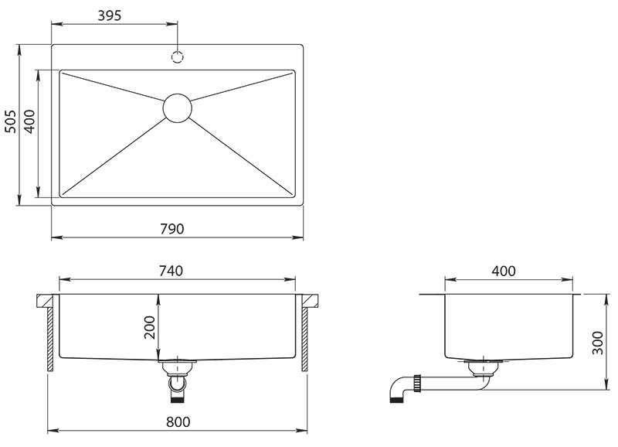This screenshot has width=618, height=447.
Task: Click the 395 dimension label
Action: tap(109, 15)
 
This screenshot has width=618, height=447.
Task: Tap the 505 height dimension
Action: tap(11, 121)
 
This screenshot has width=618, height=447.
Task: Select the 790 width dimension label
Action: tap(172, 229)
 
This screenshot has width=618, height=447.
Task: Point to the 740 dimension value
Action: tap(171, 271)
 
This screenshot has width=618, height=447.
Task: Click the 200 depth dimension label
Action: tap(150, 327)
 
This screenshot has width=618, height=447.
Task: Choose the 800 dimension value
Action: tap(178, 421)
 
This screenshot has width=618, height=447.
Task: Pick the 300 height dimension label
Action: tap(597, 343)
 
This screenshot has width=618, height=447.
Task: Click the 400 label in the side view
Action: tap(504, 271)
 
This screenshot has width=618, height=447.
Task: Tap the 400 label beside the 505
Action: tap(29, 121)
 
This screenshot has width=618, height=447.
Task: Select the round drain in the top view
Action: tap(178, 107)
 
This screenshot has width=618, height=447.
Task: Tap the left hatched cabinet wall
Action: tap(50, 340)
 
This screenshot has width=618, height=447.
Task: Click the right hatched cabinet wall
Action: tap(304, 340)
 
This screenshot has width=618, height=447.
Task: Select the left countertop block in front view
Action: tap(45, 301)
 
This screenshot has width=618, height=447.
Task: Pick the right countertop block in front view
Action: tap(311, 301)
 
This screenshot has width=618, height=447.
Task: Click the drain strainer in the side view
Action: tap(484, 366)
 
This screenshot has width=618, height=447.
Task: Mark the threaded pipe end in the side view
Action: tap(395, 401)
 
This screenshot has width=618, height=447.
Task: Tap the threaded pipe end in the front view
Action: tap(177, 398)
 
